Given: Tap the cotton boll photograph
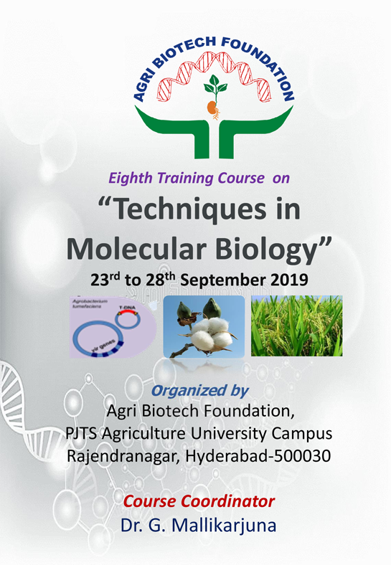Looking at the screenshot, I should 204,326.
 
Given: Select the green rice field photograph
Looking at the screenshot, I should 296,326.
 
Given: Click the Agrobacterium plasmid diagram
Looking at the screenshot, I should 113,326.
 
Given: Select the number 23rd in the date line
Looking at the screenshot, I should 106,280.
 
